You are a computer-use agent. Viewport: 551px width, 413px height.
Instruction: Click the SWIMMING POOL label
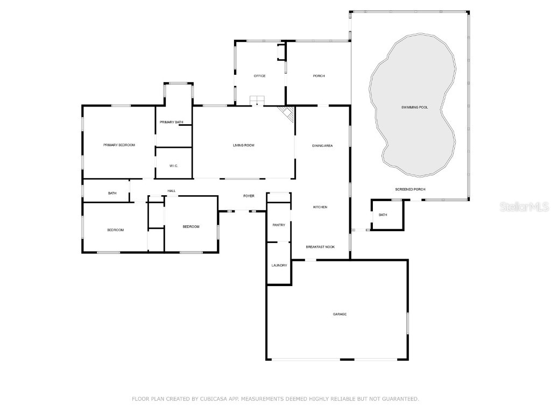tap(414, 108)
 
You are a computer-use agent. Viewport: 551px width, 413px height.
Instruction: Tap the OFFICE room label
tap(259, 76)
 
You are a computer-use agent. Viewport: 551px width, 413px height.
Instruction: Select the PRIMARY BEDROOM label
tap(119, 145)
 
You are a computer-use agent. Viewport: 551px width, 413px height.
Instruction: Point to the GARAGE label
tap(340, 314)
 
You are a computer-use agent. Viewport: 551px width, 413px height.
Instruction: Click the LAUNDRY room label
tap(279, 265)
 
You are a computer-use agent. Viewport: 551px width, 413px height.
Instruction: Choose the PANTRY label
tap(279, 225)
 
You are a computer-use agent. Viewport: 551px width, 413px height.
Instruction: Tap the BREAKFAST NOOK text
tap(320, 247)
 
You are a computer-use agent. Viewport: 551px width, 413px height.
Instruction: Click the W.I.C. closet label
tap(173, 166)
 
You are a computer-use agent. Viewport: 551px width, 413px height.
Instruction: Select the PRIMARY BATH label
tap(171, 123)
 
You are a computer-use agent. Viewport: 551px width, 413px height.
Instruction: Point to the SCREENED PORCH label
tap(410, 189)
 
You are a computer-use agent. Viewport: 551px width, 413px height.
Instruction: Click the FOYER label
tap(249, 196)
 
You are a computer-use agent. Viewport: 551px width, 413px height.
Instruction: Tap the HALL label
tap(171, 191)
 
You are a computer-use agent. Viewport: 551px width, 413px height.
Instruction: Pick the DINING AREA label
tap(322, 146)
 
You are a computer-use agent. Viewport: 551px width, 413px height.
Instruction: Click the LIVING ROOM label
tap(243, 145)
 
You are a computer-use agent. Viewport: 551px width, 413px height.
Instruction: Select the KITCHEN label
tap(320, 207)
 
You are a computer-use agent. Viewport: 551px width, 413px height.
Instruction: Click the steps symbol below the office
tap(257, 101)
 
